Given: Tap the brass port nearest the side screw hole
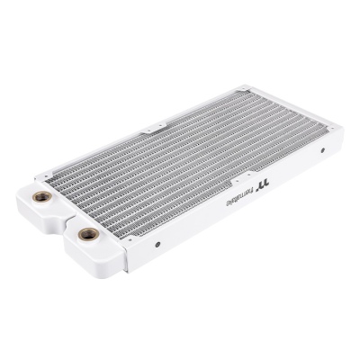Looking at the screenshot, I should point(88,234).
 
